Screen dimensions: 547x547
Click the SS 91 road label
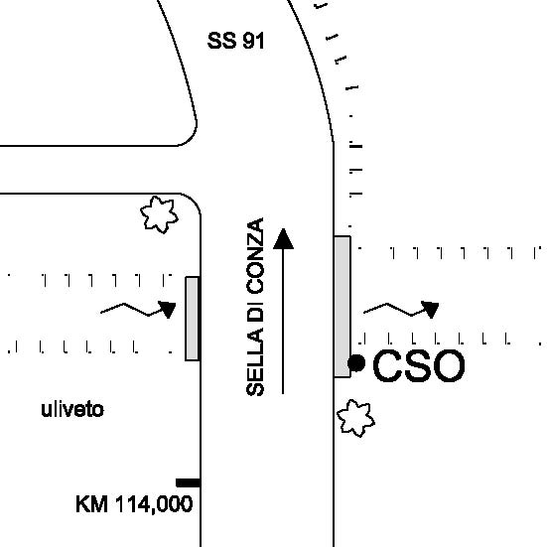pos(236,41)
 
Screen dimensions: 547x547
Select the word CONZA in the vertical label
pos(255,256)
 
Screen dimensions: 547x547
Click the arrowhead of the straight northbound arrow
pos(283,239)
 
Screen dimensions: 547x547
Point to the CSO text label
pos(419,365)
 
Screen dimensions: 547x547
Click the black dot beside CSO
pos(356,363)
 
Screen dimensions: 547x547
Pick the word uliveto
pos(72,410)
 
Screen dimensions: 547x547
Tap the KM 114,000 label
pos(134,504)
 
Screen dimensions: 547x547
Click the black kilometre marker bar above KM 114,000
pos(188,482)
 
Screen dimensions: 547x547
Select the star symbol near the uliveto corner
pos(159,214)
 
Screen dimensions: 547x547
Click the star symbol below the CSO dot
pos(355,418)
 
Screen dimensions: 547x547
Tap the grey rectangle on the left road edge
pos(193,319)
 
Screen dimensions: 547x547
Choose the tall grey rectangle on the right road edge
pos(342,307)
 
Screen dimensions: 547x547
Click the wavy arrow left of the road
pos(138,310)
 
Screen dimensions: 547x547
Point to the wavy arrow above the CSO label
pos(401,310)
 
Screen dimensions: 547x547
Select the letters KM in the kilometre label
pos(91,504)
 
